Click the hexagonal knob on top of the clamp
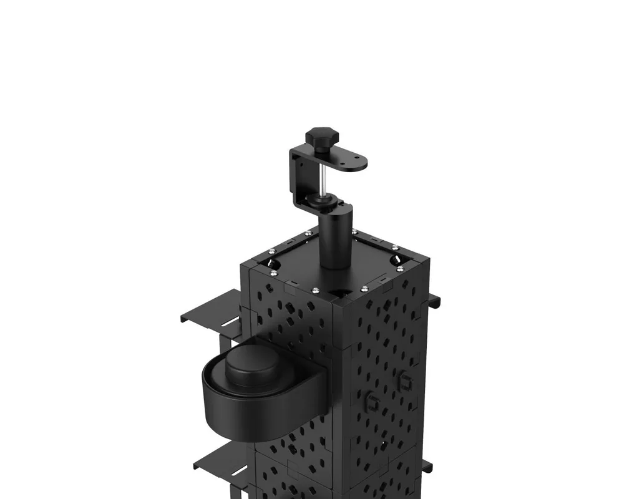pos(321,135)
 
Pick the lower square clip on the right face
pos(373,402)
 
